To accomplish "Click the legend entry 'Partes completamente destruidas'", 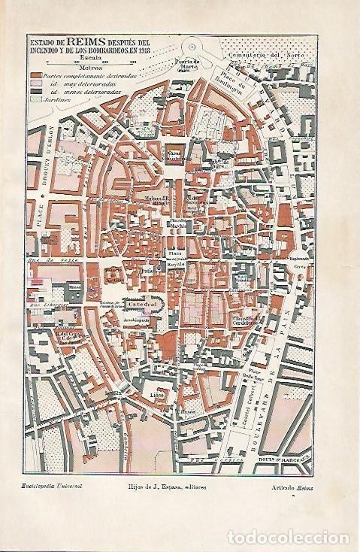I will (83, 78).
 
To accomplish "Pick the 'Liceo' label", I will (157, 393).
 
